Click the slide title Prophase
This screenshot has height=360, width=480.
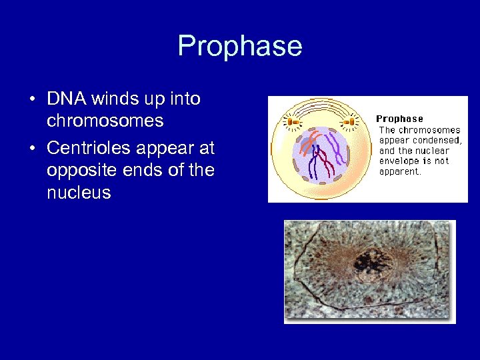[x=240, y=46]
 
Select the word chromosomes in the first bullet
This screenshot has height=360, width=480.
[x=105, y=121]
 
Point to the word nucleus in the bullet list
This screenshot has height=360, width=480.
[x=78, y=194]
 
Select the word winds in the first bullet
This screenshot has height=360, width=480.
[x=112, y=99]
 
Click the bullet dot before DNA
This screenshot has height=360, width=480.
[x=32, y=100]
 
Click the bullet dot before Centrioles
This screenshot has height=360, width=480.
[x=32, y=148]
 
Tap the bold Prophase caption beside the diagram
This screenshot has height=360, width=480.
[x=399, y=119]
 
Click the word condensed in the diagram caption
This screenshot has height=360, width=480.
[x=437, y=140]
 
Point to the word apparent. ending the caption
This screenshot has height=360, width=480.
[x=400, y=171]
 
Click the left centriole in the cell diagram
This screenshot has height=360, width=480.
[x=292, y=121]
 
